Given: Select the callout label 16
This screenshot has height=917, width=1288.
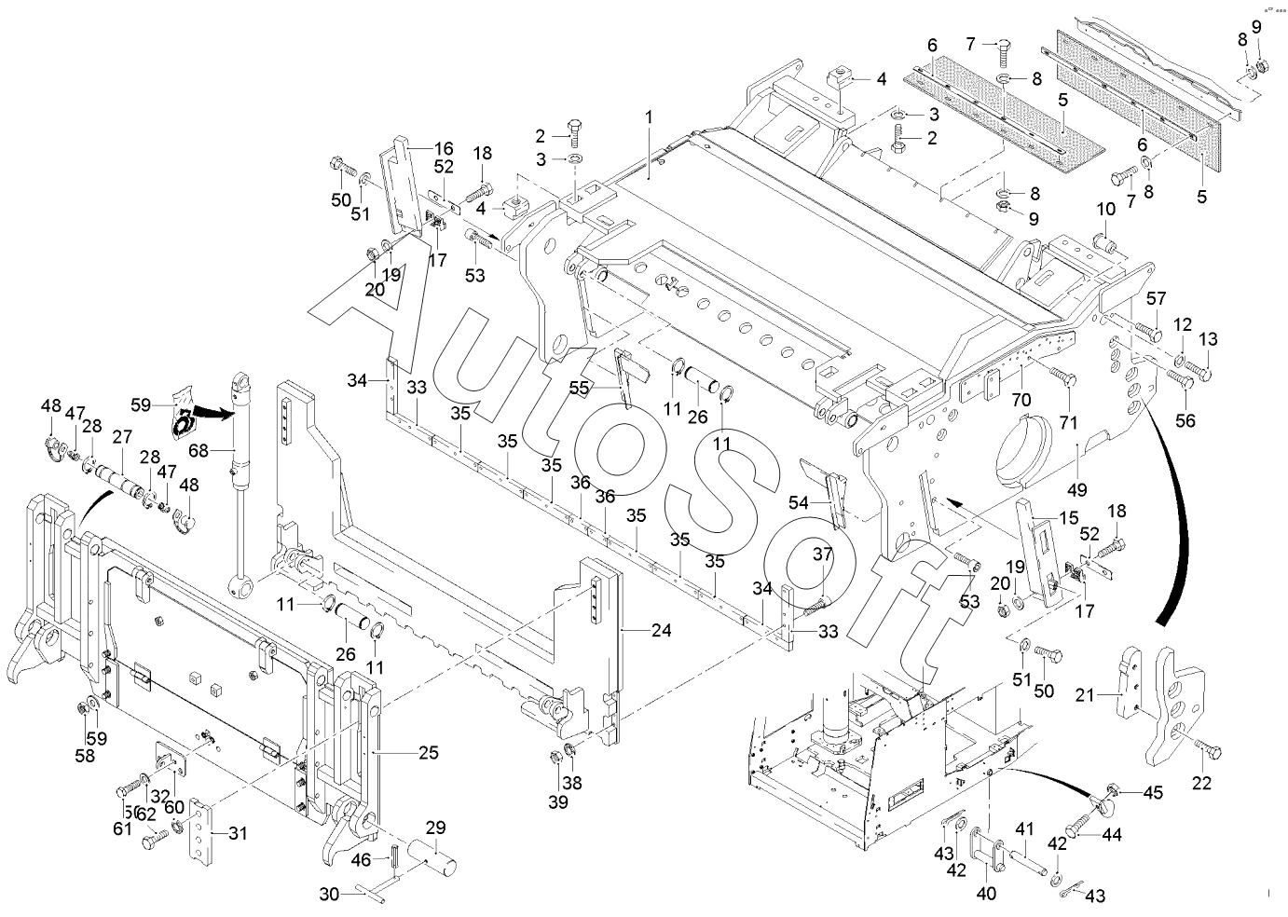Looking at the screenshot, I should click(x=444, y=147).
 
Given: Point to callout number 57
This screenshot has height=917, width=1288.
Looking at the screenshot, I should click(x=1156, y=298).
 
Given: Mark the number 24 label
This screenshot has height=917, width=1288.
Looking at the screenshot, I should click(x=661, y=630).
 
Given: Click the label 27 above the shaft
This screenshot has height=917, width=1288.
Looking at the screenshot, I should click(x=122, y=437).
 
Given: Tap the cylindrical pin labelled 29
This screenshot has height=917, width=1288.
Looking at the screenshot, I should click(x=442, y=858).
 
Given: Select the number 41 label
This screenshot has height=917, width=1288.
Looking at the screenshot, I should click(x=1025, y=828).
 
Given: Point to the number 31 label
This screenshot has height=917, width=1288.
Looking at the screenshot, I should click(x=238, y=833).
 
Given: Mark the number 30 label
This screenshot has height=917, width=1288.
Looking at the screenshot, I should click(x=329, y=894).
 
